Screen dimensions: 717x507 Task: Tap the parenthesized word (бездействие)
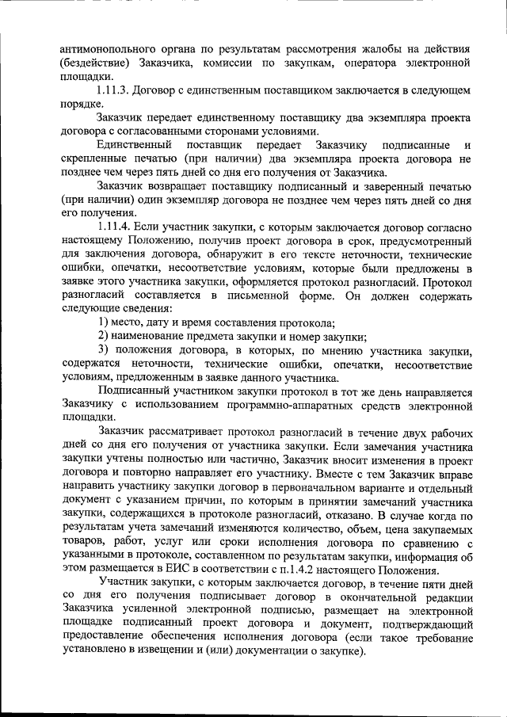[99, 63]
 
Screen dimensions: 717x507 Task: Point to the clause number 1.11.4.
[117, 227]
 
